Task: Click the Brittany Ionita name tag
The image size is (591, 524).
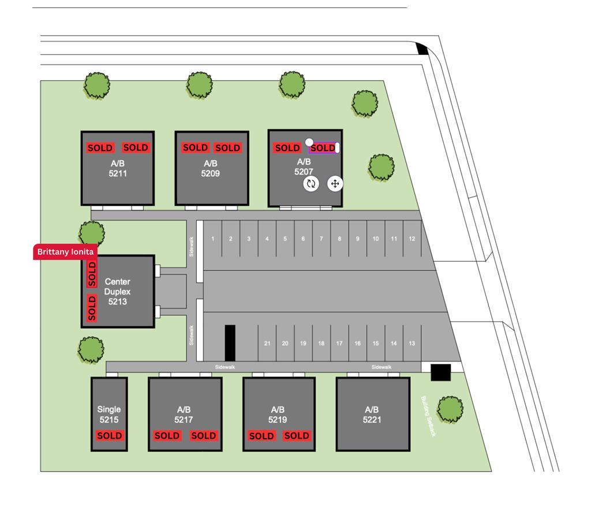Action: tap(65, 252)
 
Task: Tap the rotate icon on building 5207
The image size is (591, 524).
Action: tap(311, 184)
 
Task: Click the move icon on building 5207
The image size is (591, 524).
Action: tap(335, 184)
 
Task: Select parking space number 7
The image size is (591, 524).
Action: tap(321, 239)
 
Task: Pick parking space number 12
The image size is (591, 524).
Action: tap(412, 239)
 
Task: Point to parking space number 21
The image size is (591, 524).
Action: tap(267, 344)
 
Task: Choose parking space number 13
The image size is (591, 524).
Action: tap(412, 344)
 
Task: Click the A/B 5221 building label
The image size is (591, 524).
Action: tap(372, 414)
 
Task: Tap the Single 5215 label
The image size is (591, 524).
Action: tap(109, 414)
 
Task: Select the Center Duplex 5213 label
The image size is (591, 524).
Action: tap(117, 291)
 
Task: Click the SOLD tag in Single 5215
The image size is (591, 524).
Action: tap(109, 436)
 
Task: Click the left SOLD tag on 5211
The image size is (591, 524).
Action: tap(100, 148)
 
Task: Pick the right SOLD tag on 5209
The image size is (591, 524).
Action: tap(227, 148)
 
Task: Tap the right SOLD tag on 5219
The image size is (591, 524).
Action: tap(297, 436)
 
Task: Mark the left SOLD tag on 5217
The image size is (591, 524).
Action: tap(167, 436)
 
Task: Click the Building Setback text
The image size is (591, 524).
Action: tap(428, 416)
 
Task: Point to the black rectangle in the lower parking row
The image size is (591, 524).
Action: tap(230, 343)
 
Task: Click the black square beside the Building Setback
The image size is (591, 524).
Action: tap(440, 372)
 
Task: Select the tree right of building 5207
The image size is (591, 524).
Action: tap(381, 167)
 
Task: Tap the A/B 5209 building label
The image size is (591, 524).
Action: tap(210, 168)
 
